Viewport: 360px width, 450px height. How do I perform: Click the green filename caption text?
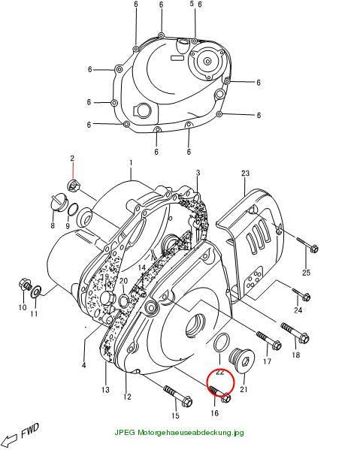click(180, 433)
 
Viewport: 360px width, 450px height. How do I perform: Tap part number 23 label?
click(246, 173)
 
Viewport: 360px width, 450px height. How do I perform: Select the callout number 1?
click(131, 163)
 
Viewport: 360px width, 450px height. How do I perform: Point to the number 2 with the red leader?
click(72, 158)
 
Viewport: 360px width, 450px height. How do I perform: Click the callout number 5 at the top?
click(192, 4)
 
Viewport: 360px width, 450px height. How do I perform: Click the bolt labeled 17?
click(269, 340)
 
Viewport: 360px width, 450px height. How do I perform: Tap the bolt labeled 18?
click(295, 333)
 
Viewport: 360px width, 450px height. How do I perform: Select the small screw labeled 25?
click(307, 243)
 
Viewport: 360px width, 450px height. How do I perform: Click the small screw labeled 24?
click(301, 294)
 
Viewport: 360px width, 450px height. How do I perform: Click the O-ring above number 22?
click(222, 342)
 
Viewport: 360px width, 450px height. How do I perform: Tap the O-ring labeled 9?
click(72, 210)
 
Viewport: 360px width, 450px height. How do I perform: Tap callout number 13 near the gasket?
click(105, 390)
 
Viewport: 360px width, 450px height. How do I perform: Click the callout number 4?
click(83, 365)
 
